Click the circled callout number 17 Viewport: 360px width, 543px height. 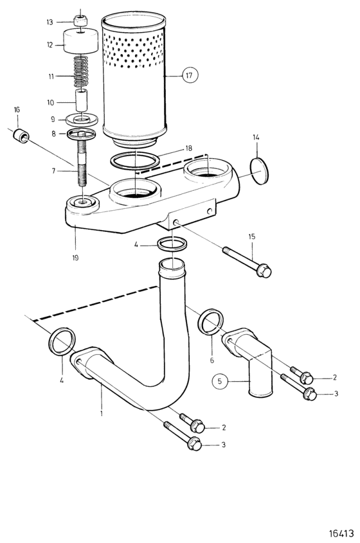(190, 75)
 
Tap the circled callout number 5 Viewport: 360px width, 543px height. (219, 381)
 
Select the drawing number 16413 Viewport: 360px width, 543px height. (341, 533)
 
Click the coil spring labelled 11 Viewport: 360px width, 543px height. (82, 72)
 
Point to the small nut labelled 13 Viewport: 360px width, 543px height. (81, 21)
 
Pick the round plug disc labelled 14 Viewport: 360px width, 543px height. (259, 172)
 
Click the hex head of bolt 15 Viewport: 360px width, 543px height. (264, 271)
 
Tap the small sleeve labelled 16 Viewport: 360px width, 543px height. (21, 136)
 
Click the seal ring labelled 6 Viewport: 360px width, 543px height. (211, 322)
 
